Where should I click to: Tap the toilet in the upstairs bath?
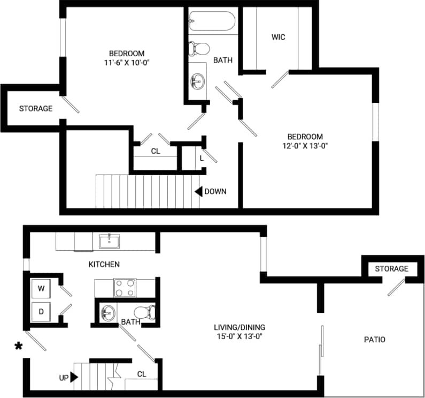pyautogui.click(x=200, y=48)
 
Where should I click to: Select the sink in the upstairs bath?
pyautogui.click(x=197, y=81)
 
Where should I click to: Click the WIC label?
pyautogui.click(x=278, y=37)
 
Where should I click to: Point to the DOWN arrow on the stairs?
pyautogui.click(x=198, y=191)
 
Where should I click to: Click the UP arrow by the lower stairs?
pyautogui.click(x=74, y=377)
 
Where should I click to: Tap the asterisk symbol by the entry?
pyautogui.click(x=19, y=347)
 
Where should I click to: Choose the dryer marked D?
pyautogui.click(x=41, y=310)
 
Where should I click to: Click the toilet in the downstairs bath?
pyautogui.click(x=145, y=311)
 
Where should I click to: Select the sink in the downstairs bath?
pyautogui.click(x=107, y=311)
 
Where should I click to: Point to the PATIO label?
pyautogui.click(x=374, y=340)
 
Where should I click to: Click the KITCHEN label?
pyautogui.click(x=104, y=264)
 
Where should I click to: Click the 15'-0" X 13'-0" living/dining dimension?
pyautogui.click(x=239, y=336)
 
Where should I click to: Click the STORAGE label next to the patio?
pyautogui.click(x=391, y=268)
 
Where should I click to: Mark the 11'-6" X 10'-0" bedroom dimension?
pyautogui.click(x=126, y=62)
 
